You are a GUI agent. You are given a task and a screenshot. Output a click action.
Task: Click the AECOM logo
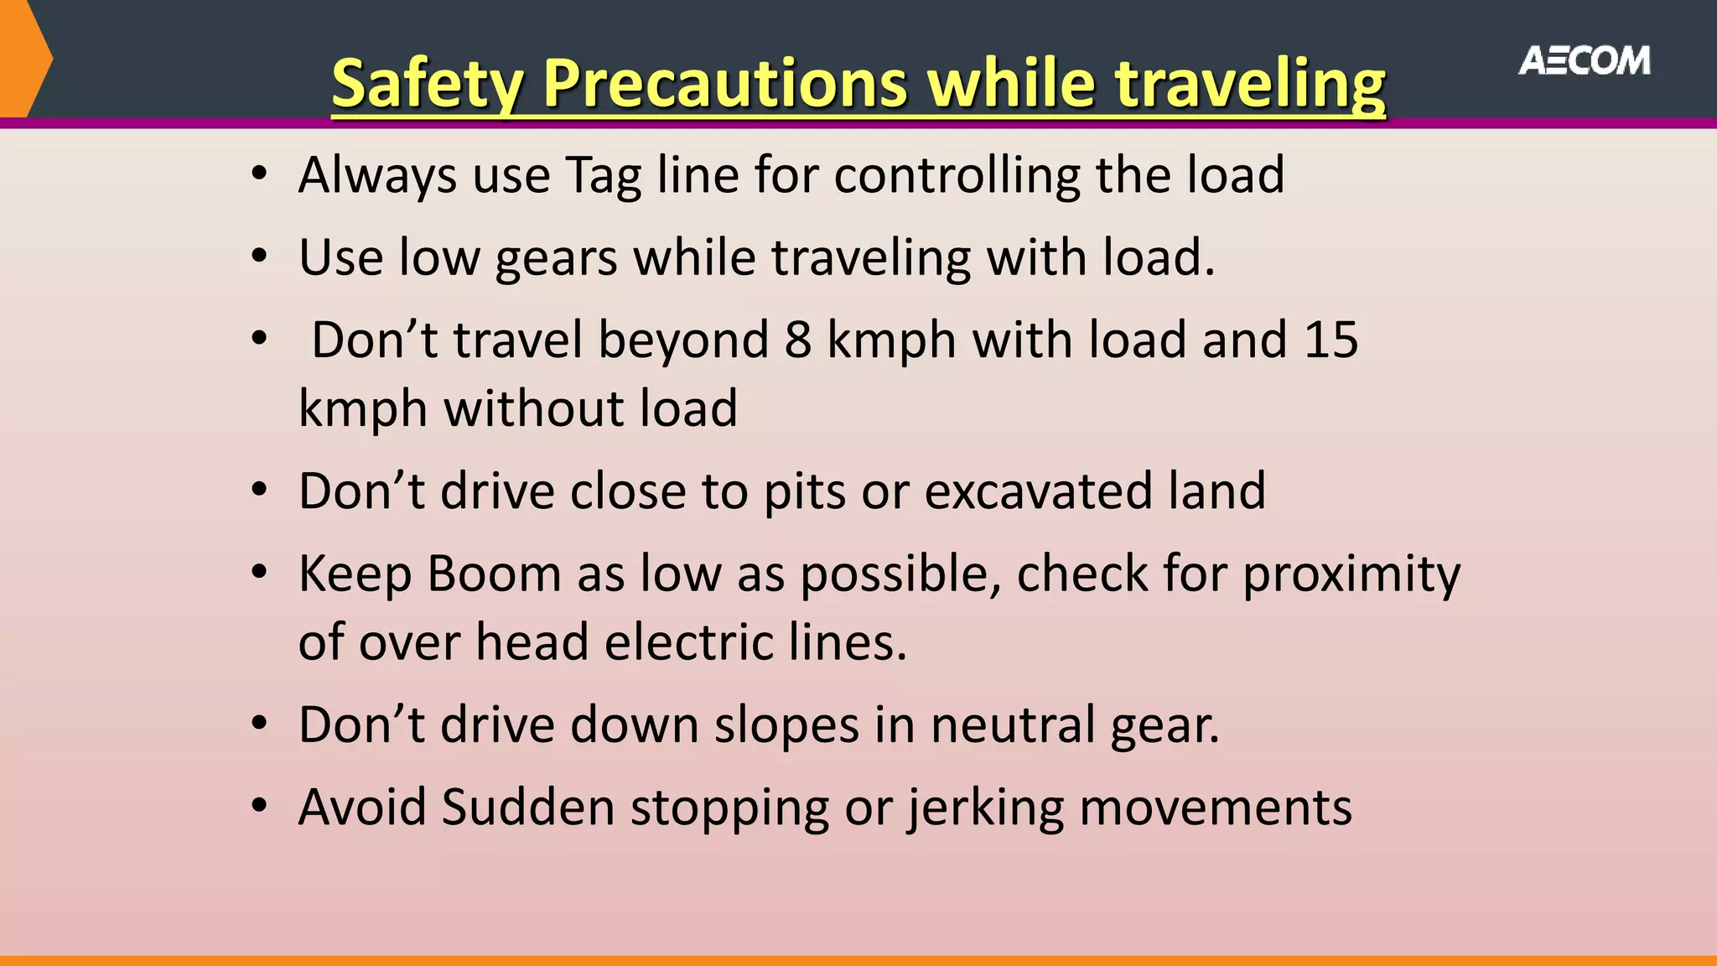click(1584, 61)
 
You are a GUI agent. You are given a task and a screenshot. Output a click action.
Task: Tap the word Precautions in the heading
click(724, 84)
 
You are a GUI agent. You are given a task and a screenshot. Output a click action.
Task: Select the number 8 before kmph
click(798, 340)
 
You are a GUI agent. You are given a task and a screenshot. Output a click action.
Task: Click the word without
click(533, 409)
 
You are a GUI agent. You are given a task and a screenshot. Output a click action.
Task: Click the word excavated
click(1038, 491)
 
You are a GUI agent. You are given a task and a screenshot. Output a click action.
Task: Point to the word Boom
click(494, 575)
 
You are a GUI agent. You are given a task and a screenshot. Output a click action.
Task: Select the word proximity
click(1351, 575)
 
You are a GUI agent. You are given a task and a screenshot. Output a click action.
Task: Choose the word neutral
click(1012, 725)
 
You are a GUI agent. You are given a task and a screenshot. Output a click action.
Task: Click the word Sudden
click(528, 808)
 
